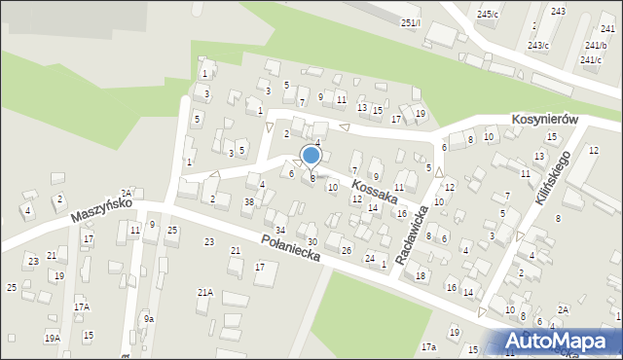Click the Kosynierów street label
[545, 119]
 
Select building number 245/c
[487, 14]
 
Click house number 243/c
[538, 46]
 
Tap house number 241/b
[596, 46]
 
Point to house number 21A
[204, 292]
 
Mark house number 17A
[82, 306]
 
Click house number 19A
[52, 338]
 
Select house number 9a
[148, 318]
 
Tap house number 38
[248, 202]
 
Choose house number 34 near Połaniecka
[279, 229]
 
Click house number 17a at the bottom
[428, 347]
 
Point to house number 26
[347, 251]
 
